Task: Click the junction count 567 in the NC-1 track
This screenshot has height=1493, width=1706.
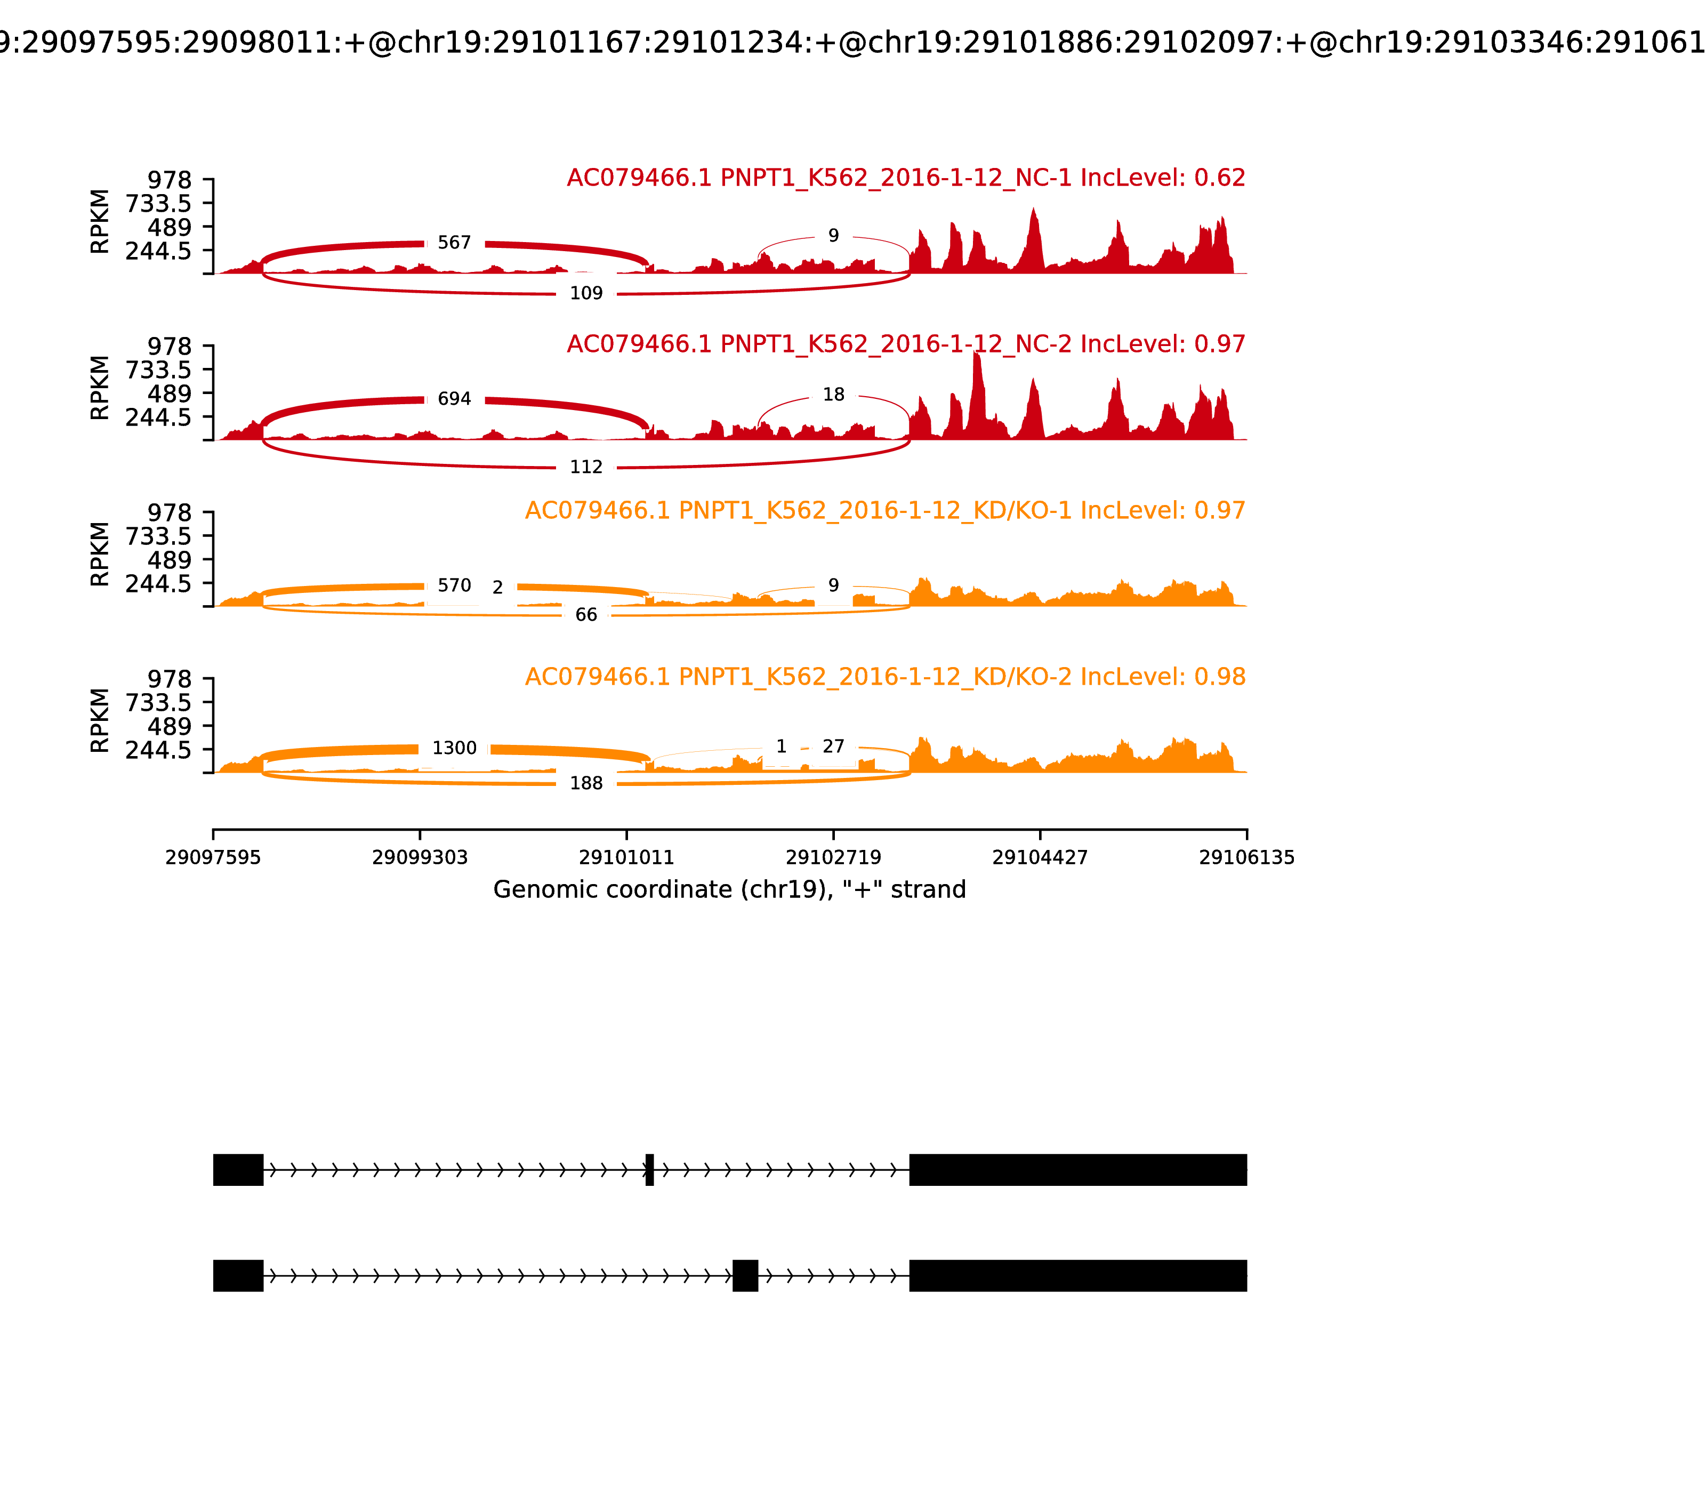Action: point(454,243)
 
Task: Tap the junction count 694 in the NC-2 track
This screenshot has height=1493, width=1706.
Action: point(454,399)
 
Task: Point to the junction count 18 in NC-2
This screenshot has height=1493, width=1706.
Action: point(833,395)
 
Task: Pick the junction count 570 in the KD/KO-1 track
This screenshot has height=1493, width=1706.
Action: point(454,585)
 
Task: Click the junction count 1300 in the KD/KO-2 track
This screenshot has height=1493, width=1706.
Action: point(454,748)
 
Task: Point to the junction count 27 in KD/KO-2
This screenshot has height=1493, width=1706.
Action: point(833,746)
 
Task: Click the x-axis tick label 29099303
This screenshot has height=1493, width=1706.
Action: point(420,858)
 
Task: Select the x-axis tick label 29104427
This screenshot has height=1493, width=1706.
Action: point(1040,858)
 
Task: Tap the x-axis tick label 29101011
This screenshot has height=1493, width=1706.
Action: point(626,858)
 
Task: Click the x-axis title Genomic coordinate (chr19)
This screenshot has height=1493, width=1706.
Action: point(729,890)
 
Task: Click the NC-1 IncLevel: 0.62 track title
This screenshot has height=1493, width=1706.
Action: point(905,178)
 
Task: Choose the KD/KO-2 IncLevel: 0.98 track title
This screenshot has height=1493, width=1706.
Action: point(884,677)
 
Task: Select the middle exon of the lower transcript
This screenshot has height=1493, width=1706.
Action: point(745,1275)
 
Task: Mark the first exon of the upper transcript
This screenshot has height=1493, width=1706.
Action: point(238,1170)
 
